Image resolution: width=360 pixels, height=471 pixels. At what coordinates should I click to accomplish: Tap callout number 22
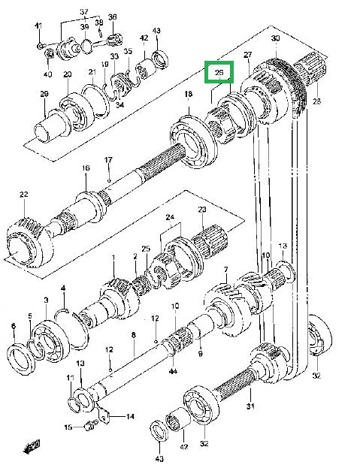[23, 195]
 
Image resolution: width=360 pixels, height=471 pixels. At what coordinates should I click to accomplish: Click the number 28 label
[316, 101]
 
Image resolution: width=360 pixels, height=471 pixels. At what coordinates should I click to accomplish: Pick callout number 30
[275, 38]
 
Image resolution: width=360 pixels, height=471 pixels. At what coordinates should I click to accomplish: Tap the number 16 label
[86, 168]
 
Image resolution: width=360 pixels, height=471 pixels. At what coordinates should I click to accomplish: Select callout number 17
[108, 159]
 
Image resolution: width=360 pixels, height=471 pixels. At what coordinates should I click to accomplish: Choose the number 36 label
[112, 17]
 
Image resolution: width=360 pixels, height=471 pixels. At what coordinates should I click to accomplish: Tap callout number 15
[68, 427]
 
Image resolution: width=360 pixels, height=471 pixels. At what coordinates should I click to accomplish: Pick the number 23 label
[201, 209]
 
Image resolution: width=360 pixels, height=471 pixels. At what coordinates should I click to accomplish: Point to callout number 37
[84, 13]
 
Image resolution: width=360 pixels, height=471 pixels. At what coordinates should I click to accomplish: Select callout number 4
[63, 288]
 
